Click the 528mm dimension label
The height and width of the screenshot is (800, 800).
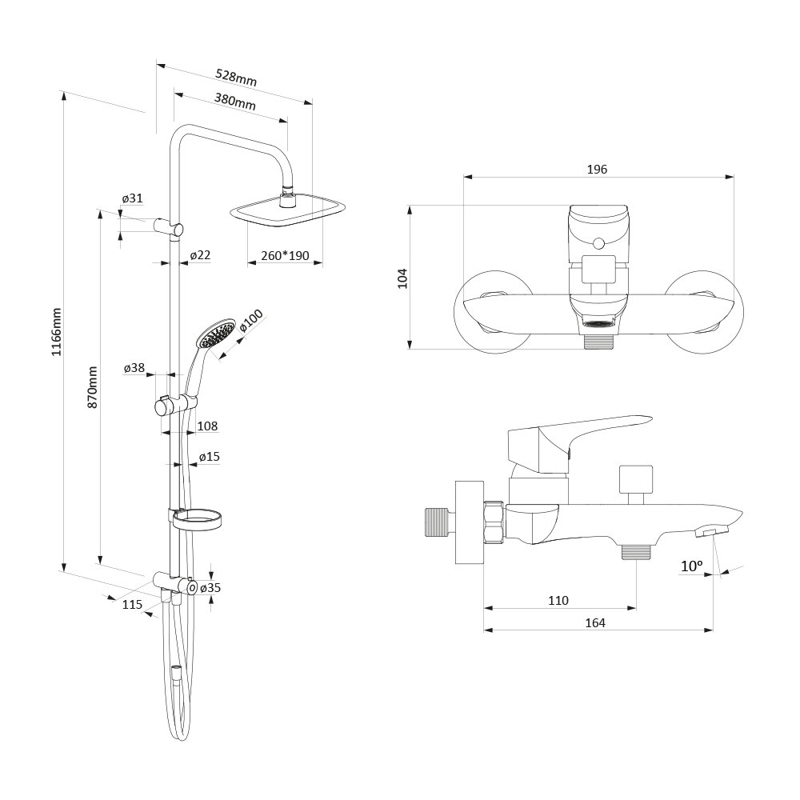coord(237,78)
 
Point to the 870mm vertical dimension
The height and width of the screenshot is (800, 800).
coord(93,388)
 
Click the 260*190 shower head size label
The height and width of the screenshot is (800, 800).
coord(285,256)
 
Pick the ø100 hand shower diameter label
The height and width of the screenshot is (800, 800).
coord(250,322)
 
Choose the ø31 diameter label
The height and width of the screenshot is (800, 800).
coord(132,198)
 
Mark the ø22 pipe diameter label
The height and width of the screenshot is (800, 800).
coord(200,255)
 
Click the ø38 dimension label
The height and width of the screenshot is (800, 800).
coord(134,368)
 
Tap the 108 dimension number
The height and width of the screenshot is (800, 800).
coord(207,426)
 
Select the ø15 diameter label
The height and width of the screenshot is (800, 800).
coord(210,457)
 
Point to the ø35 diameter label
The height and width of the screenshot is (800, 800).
coord(210,588)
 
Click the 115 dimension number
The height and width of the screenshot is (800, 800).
coord(132,605)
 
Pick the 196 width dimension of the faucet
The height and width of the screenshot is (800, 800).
coord(597,170)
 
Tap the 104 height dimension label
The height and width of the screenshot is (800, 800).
coord(402,278)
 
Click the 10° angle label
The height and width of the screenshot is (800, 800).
coord(691,566)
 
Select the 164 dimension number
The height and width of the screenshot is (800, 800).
coord(594,622)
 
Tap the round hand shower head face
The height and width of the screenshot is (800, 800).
coord(218,334)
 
